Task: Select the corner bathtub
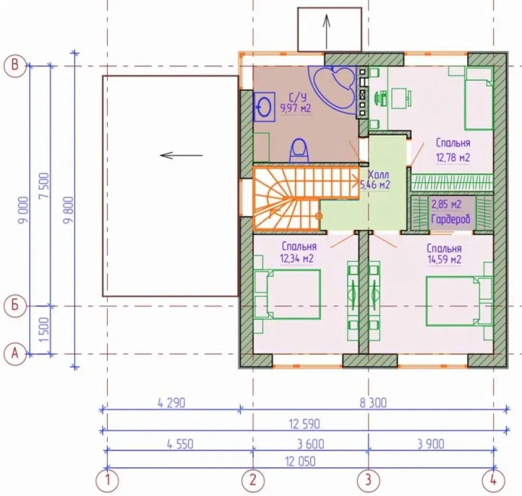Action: [333, 89]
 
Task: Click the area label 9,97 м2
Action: [295, 108]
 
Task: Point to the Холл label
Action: [378, 174]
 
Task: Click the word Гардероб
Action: [451, 219]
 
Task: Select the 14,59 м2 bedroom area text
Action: [444, 260]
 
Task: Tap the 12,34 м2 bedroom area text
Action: [296, 258]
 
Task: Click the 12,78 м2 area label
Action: [453, 158]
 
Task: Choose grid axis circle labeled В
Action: [15, 65]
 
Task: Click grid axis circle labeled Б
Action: [15, 305]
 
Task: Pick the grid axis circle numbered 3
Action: [368, 480]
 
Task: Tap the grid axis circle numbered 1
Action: [107, 480]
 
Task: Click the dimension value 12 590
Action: [304, 424]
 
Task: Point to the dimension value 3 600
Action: [310, 444]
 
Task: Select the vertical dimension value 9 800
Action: [68, 210]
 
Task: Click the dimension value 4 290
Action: [171, 403]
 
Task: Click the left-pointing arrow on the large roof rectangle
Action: [182, 155]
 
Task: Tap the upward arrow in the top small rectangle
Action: [327, 32]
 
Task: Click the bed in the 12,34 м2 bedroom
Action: [287, 294]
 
